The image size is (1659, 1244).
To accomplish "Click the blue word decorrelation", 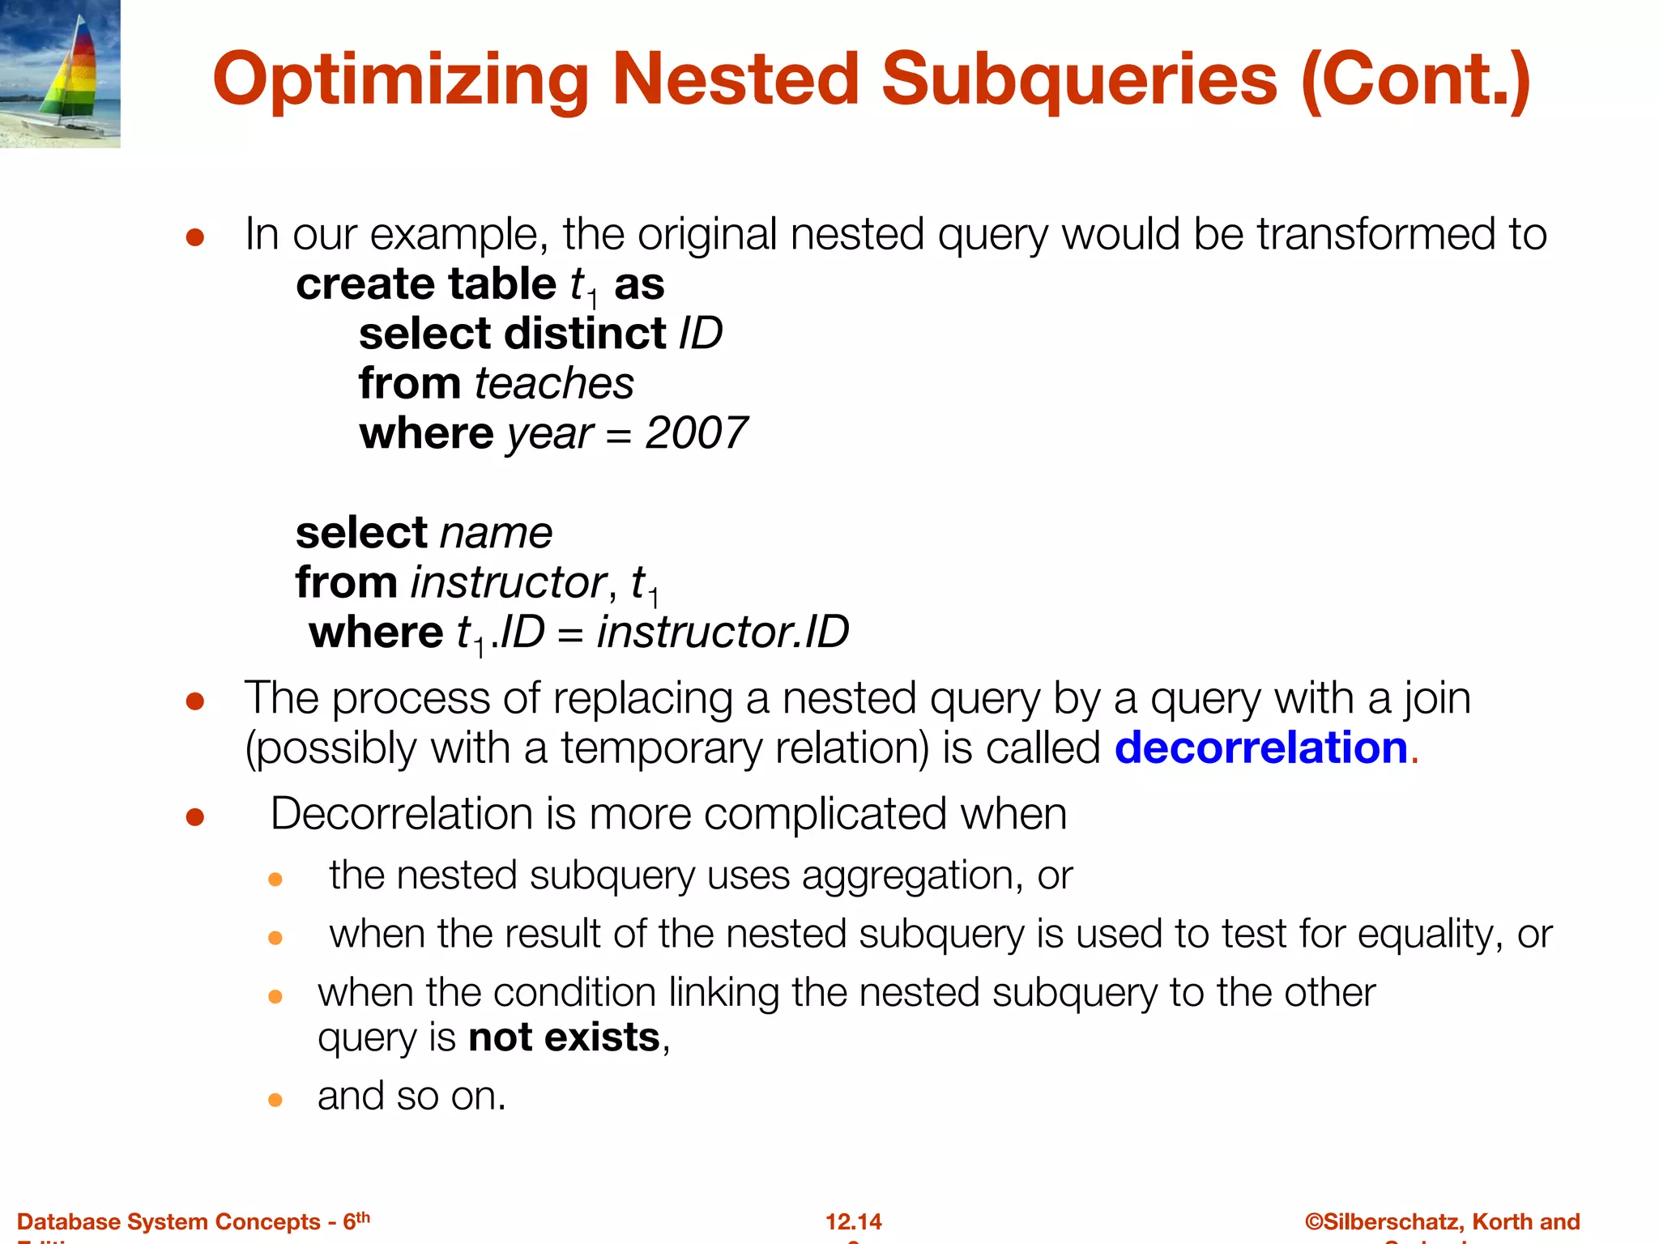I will pyautogui.click(x=1261, y=748).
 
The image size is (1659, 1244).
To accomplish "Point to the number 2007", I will pyautogui.click(x=696, y=433).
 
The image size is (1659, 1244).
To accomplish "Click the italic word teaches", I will pyautogui.click(x=554, y=383).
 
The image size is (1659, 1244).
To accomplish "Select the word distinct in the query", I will pyautogui.click(x=585, y=334).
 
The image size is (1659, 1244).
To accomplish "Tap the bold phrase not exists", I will pyautogui.click(x=564, y=1037).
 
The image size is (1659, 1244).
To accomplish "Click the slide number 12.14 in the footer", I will pyautogui.click(x=853, y=1221).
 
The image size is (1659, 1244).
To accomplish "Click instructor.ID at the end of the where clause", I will pyautogui.click(x=723, y=633).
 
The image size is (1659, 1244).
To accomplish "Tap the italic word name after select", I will pyautogui.click(x=496, y=533).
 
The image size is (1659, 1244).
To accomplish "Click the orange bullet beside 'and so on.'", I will pyautogui.click(x=275, y=1099).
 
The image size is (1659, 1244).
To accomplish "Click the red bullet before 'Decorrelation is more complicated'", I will pyautogui.click(x=194, y=816).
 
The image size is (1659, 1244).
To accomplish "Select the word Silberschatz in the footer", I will pyautogui.click(x=1391, y=1221).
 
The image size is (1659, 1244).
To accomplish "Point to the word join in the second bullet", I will pyautogui.click(x=1436, y=698).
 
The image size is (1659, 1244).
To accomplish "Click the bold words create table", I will pyautogui.click(x=425, y=284).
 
